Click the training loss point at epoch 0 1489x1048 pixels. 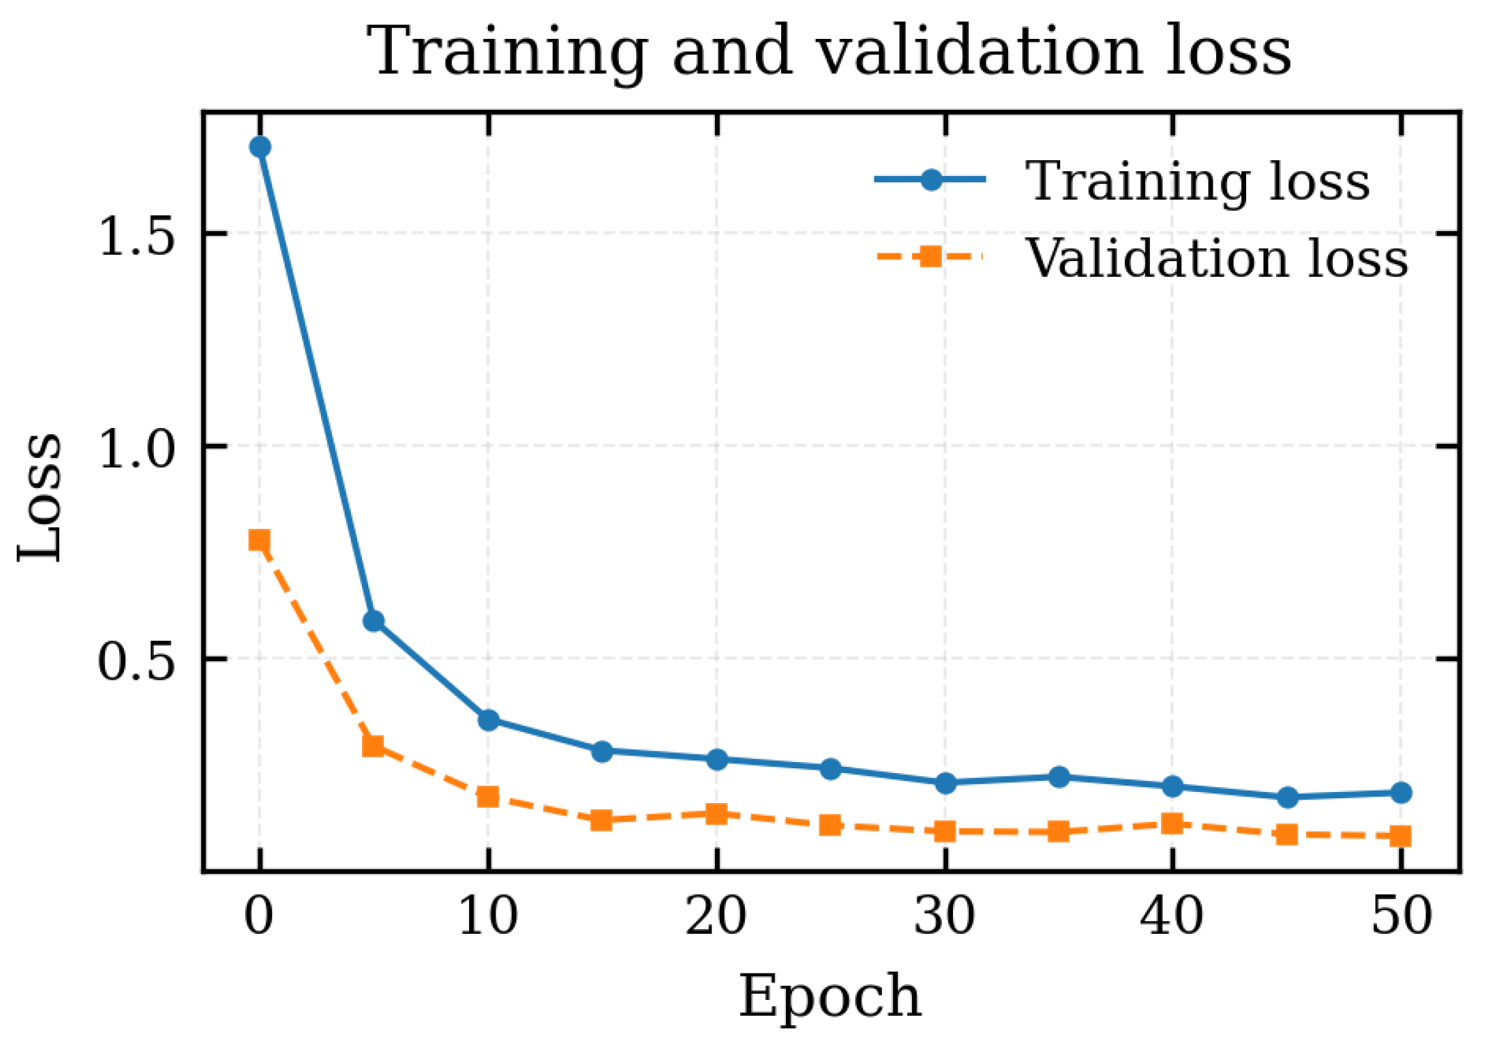pyautogui.click(x=260, y=147)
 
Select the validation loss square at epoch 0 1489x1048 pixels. pyautogui.click(x=260, y=541)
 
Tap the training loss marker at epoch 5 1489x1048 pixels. pyautogui.click(x=374, y=621)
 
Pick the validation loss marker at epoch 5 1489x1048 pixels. pyautogui.click(x=374, y=747)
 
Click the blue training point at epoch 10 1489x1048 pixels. pyautogui.click(x=489, y=720)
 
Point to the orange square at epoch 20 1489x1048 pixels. pyautogui.click(x=716, y=813)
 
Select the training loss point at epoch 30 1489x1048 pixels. pyautogui.click(x=945, y=783)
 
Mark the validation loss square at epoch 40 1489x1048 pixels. pyautogui.click(x=1173, y=824)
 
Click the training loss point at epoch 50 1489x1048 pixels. pyautogui.click(x=1401, y=793)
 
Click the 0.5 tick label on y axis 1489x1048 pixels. pyautogui.click(x=135, y=661)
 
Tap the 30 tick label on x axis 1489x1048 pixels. pyautogui.click(x=945, y=916)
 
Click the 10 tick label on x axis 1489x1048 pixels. pyautogui.click(x=488, y=916)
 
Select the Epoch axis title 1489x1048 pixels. pyautogui.click(x=830, y=997)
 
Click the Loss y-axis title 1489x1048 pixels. pyautogui.click(x=40, y=497)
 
